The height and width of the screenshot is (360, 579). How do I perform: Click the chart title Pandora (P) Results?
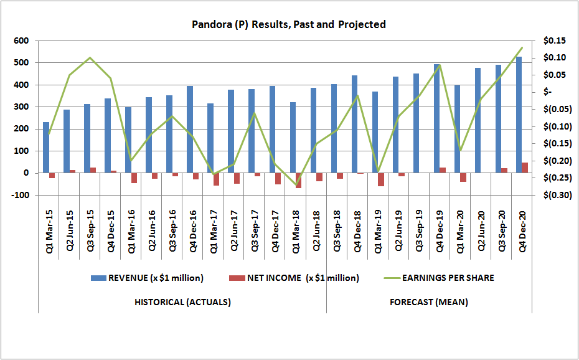[x=288, y=25]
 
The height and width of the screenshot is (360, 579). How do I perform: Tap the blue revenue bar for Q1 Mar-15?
[x=46, y=147]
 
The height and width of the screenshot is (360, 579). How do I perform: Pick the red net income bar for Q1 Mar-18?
[x=298, y=180]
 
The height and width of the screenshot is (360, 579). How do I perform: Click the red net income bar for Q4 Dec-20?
[x=525, y=168]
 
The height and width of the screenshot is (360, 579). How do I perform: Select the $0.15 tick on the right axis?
[x=554, y=41]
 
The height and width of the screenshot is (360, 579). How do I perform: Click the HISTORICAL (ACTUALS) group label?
[x=182, y=303]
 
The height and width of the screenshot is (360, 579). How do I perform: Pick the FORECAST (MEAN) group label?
[x=429, y=303]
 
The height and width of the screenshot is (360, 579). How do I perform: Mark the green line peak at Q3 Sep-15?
[x=90, y=58]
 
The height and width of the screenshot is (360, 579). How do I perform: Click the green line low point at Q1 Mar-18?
[x=296, y=186]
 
